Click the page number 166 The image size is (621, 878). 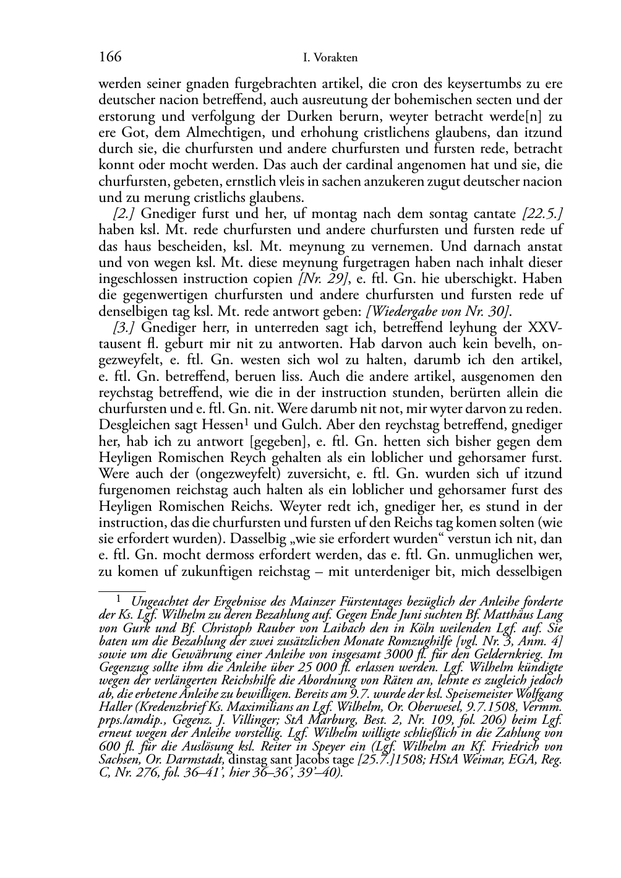[109, 58]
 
